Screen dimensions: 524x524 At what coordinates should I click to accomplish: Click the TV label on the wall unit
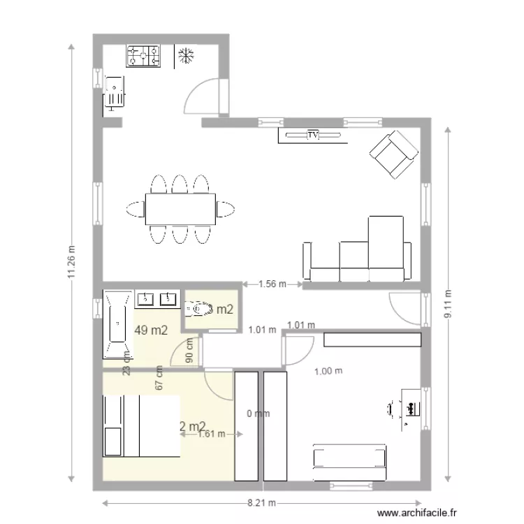[313, 135]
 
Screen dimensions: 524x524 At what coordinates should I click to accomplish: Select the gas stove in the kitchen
[143, 56]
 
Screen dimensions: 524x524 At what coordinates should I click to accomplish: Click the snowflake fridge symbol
[186, 56]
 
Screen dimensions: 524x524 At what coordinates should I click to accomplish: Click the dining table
[180, 208]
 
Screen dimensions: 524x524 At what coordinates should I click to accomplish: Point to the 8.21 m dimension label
[262, 503]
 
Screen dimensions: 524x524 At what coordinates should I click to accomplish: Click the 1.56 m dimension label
[272, 284]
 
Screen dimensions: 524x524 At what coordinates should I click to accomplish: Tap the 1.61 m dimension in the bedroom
[211, 433]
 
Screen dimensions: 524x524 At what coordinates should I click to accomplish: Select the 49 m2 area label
[152, 330]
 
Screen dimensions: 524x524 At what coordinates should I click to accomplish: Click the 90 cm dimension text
[189, 353]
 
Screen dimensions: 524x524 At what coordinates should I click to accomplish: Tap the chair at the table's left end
[135, 208]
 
